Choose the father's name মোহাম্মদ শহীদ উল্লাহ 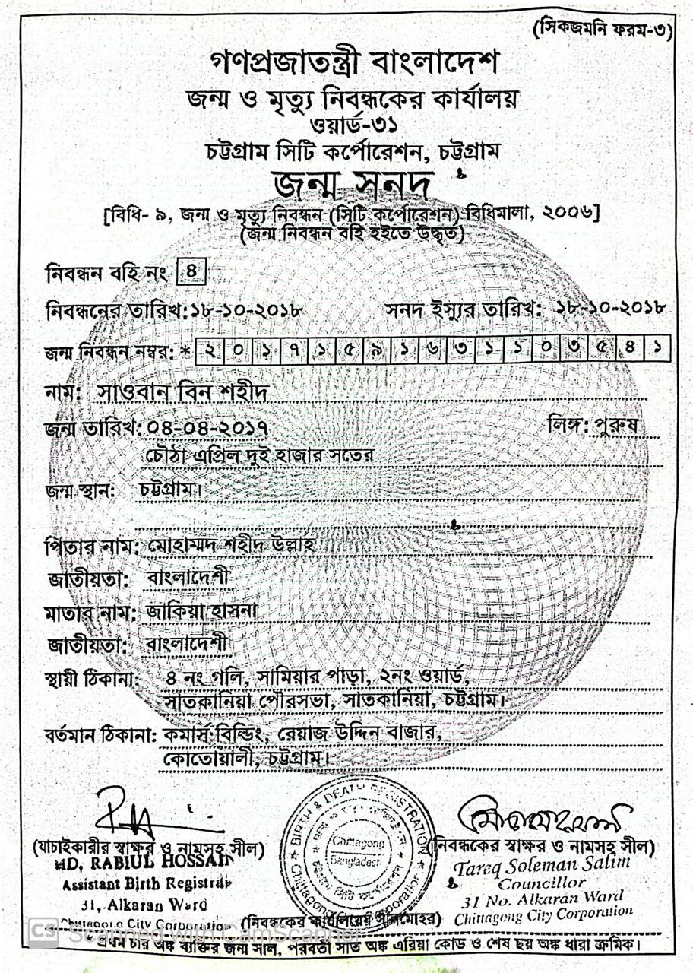[x=232, y=547]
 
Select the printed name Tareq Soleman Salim [x=543, y=865]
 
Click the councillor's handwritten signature [x=543, y=818]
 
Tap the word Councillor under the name [x=542, y=883]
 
